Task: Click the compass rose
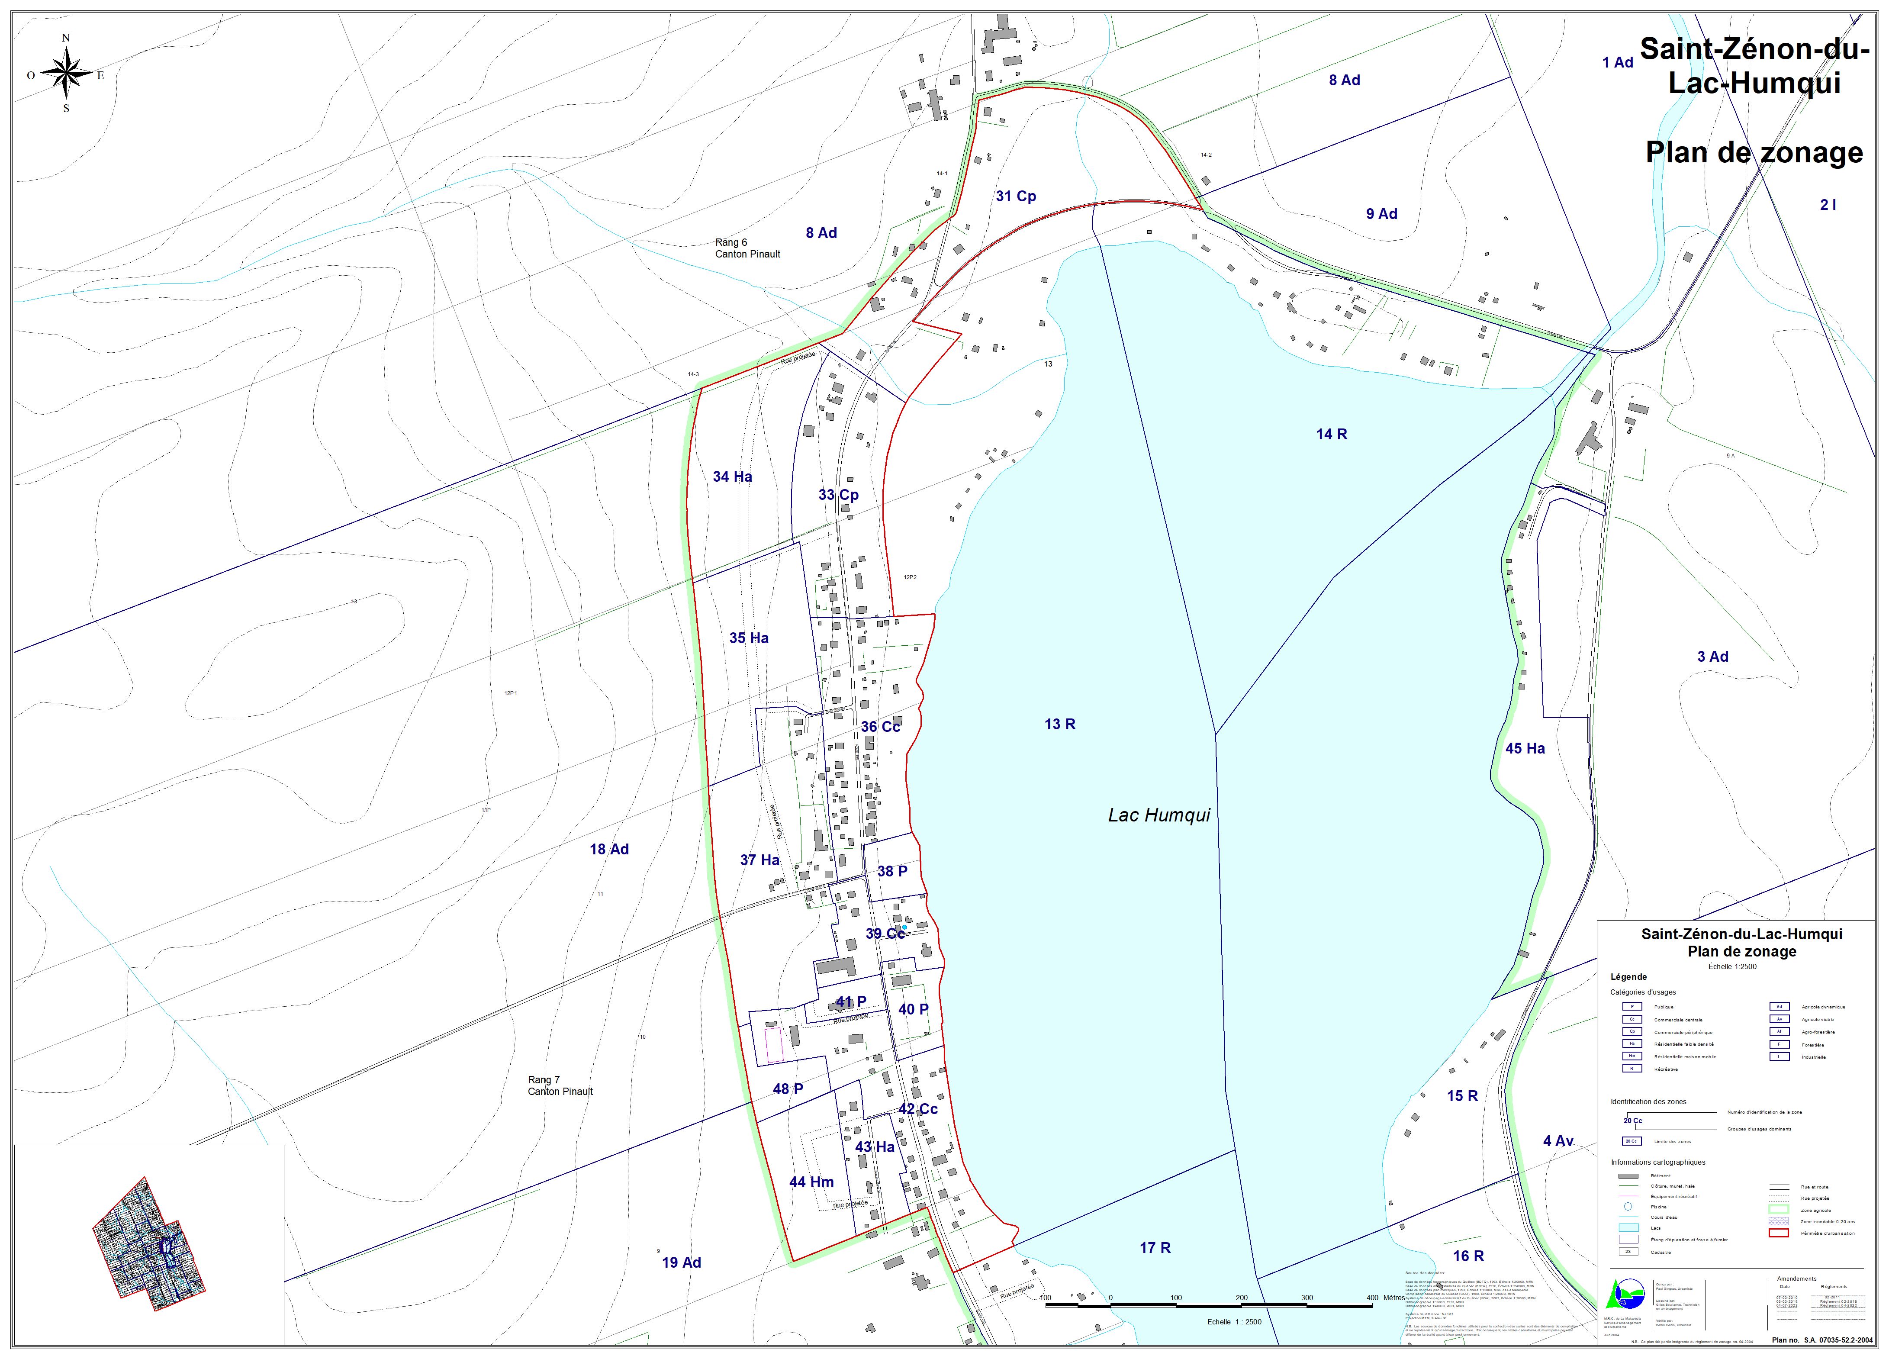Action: [x=67, y=73]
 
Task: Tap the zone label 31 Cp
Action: [x=1015, y=196]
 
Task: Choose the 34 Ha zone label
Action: [x=732, y=477]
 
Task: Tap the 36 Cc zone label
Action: [x=880, y=727]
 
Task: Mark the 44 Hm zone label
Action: [x=811, y=1182]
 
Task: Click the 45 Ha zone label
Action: [x=1525, y=749]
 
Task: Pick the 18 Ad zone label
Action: [x=609, y=849]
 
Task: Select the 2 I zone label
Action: [x=1828, y=205]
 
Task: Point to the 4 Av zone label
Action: [x=1558, y=1141]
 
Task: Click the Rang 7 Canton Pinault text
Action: [x=560, y=1086]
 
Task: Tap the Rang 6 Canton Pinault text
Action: [x=747, y=248]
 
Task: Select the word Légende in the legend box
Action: [x=1628, y=977]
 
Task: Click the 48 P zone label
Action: [x=787, y=1088]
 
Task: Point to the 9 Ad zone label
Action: [x=1381, y=214]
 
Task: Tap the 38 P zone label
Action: [x=892, y=871]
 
